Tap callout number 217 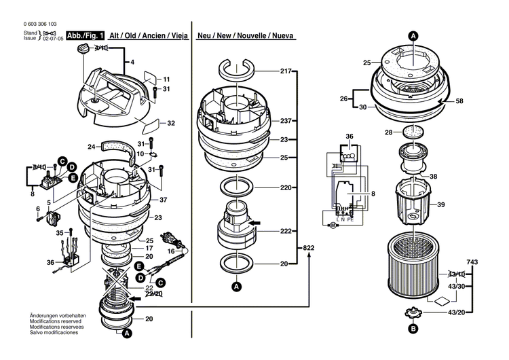pyautogui.click(x=285, y=71)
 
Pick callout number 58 pyautogui.click(x=459, y=101)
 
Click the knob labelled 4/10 pyautogui.click(x=83, y=48)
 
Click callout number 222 pyautogui.click(x=285, y=231)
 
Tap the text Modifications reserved pyautogui.click(x=57, y=322)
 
